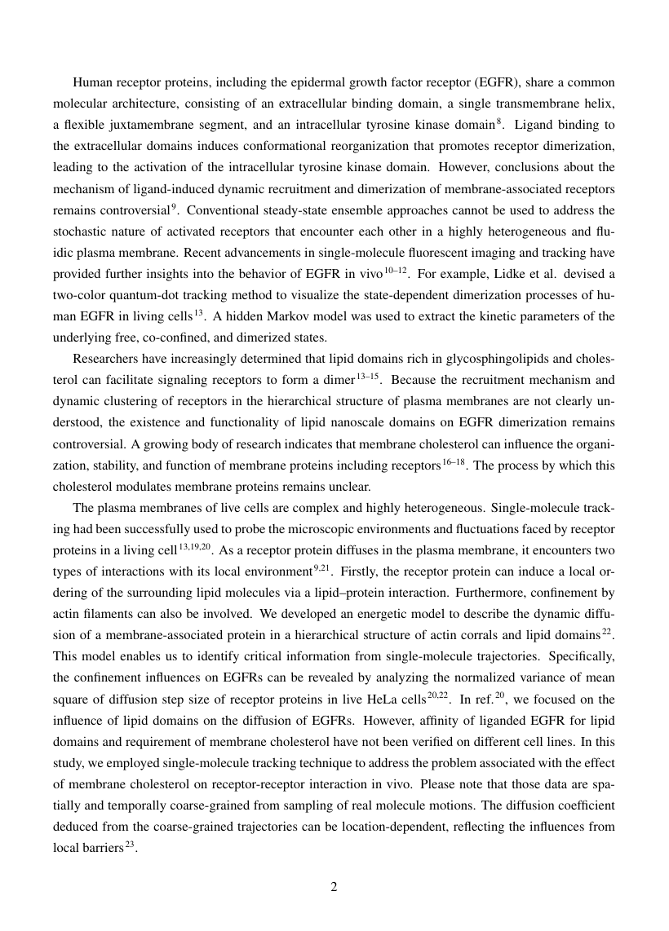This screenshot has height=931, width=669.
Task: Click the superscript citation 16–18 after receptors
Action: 453,461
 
